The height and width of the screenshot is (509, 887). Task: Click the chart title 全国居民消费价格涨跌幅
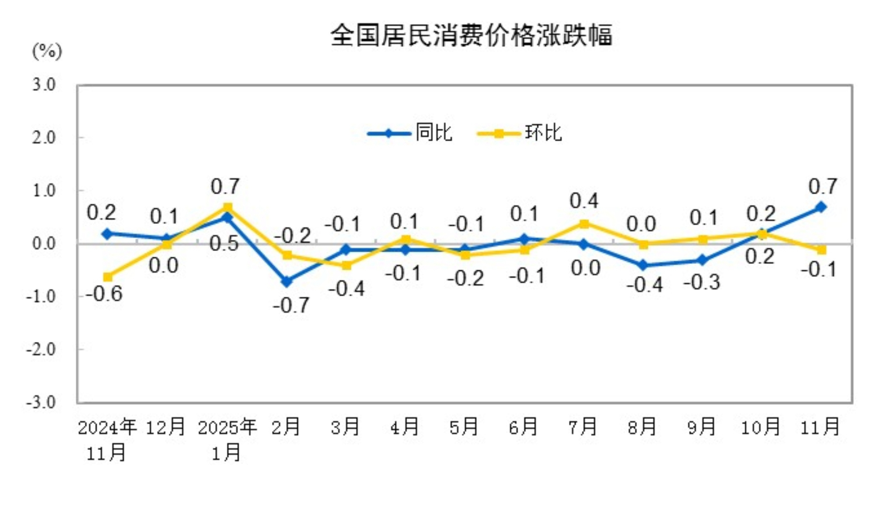coord(471,36)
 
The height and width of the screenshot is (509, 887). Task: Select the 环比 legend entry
coord(520,133)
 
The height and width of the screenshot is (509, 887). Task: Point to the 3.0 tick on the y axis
coord(44,85)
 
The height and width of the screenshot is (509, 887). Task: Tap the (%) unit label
coord(47,51)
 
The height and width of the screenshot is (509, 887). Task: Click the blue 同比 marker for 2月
coord(287,281)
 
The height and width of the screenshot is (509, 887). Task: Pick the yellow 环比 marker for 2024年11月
coord(108,277)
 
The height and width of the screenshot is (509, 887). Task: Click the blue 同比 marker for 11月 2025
coord(820,207)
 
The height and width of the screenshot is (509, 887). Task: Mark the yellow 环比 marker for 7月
coord(584,224)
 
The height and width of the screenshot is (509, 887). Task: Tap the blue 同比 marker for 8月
coord(643,265)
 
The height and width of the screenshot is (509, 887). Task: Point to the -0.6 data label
coord(104,294)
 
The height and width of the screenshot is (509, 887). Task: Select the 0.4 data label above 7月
coord(584,201)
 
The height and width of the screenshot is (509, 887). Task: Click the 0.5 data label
coord(224,244)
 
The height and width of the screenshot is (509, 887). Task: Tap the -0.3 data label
coord(702,282)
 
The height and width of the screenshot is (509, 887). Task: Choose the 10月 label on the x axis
coord(761,427)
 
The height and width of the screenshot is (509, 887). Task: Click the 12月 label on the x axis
coord(165,427)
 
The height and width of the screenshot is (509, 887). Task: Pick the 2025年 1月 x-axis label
coord(227,439)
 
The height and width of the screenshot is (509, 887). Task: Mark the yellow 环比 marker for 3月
coord(346,265)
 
